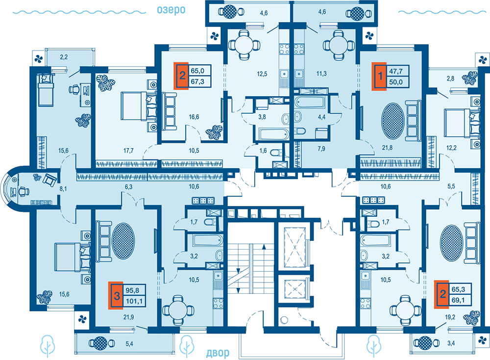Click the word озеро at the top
point(171,10)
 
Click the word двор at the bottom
point(218,353)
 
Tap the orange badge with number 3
point(116,296)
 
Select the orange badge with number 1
point(379,77)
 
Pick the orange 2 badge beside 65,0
point(182,76)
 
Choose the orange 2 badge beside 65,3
point(442,294)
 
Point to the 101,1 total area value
point(134,302)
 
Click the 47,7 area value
point(395,71)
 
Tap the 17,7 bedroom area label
point(128,151)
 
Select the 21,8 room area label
point(387,148)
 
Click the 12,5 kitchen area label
point(262,74)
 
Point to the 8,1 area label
point(63,189)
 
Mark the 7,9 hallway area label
point(321,149)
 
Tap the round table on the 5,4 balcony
point(100,343)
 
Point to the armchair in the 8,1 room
point(50,180)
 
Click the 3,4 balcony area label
point(451,343)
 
